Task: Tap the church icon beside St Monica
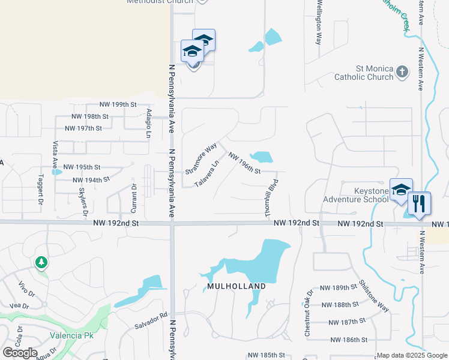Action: pos(402,73)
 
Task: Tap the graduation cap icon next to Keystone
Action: pos(400,190)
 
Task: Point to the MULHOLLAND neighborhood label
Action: pos(236,287)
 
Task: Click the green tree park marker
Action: pos(41,262)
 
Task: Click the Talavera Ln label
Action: pos(207,171)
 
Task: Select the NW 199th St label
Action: pos(118,104)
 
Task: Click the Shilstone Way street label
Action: pos(373,295)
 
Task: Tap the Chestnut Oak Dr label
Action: pos(308,312)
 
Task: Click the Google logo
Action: pos(20,353)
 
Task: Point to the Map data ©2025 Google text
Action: pos(411,355)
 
